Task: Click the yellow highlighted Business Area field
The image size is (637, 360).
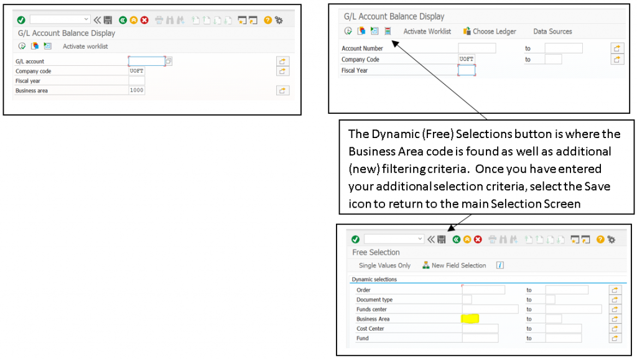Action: tap(470, 319)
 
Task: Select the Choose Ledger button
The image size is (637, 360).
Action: tap(494, 31)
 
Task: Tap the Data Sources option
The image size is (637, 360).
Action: tap(552, 31)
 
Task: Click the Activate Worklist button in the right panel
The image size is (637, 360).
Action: tap(427, 31)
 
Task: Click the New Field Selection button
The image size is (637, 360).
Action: tap(458, 265)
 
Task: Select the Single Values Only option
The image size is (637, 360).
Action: tap(384, 265)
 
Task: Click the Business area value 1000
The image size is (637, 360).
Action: tap(136, 91)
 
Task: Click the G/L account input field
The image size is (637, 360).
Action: tap(147, 61)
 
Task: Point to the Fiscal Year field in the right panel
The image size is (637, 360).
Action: tap(466, 70)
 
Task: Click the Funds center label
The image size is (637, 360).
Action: tap(371, 310)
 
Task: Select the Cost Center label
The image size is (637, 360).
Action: tap(370, 329)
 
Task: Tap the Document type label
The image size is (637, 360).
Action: tap(374, 300)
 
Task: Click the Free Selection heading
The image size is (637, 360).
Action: tap(376, 252)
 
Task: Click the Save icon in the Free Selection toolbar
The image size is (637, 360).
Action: tap(441, 239)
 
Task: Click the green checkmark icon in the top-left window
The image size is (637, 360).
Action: tap(21, 20)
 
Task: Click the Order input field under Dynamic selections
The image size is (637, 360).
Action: tap(483, 290)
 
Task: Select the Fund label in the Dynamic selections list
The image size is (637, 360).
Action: tap(363, 338)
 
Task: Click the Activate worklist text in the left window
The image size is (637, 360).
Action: tap(85, 47)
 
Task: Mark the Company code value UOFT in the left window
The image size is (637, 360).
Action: tap(136, 71)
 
